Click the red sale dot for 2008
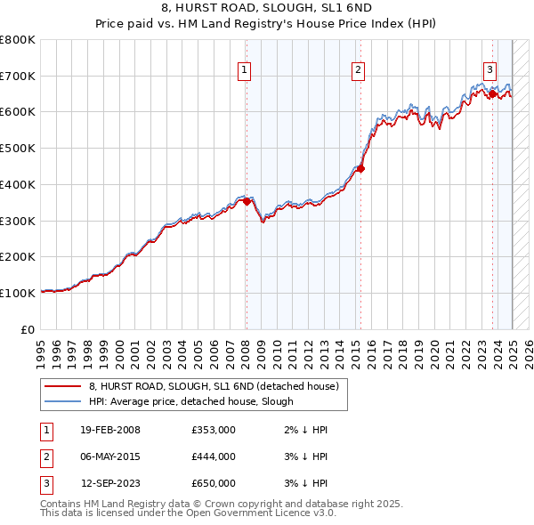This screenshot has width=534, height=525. [x=247, y=201]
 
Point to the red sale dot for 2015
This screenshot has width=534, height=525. [x=360, y=168]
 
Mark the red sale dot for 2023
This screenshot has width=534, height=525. [x=492, y=93]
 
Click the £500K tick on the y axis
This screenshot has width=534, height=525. [x=18, y=149]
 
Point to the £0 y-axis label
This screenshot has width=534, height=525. [x=28, y=329]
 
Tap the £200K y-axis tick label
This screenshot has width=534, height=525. [x=18, y=257]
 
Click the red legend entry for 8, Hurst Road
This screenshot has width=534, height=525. [x=214, y=387]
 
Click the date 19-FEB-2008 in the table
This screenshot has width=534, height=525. [x=110, y=430]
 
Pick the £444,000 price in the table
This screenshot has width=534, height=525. [x=214, y=456]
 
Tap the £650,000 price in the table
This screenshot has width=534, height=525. [x=214, y=483]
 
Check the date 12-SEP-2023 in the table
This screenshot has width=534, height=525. [x=110, y=483]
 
